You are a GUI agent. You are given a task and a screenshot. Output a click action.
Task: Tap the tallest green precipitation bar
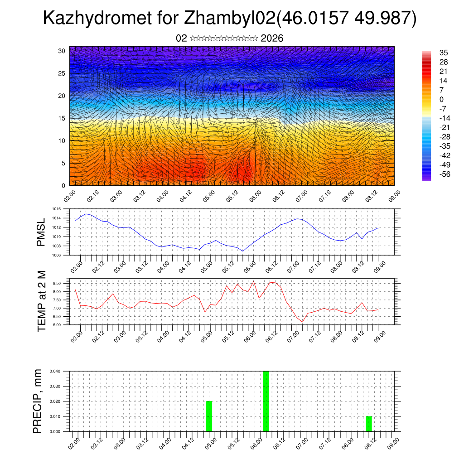click(266, 401)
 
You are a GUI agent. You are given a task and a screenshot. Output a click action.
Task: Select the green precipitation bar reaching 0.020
click(209, 416)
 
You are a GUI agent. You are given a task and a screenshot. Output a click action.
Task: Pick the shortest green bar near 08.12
click(369, 424)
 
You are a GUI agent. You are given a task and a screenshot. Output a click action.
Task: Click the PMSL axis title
click(41, 232)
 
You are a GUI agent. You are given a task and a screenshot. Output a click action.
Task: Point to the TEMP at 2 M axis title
click(42, 302)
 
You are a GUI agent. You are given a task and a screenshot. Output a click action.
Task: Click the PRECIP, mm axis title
click(38, 401)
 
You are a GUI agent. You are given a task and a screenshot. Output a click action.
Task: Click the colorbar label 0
click(441, 100)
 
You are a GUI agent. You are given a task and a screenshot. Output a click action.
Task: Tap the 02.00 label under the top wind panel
click(69, 196)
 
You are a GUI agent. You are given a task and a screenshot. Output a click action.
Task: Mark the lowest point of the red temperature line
click(302, 322)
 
